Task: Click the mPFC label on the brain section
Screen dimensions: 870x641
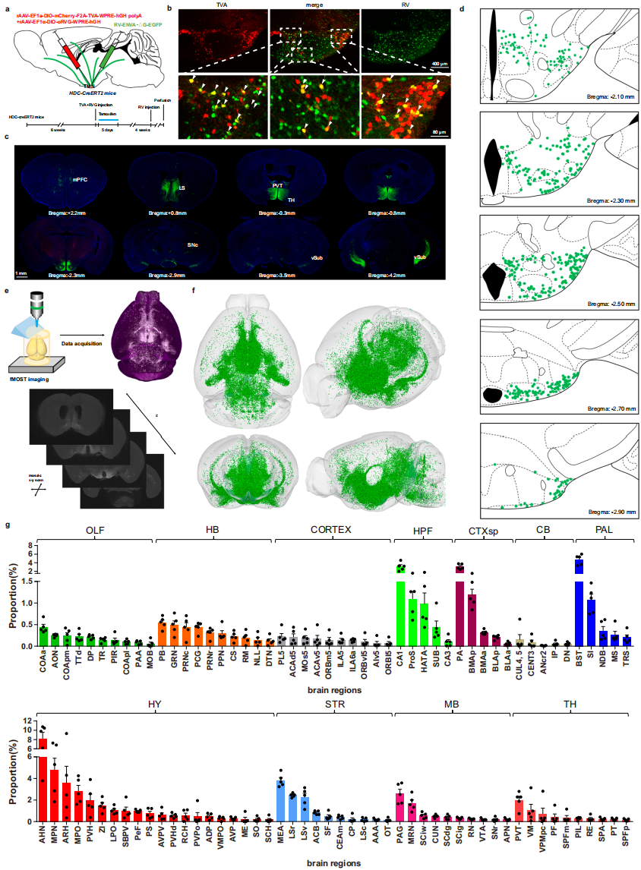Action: point(79,180)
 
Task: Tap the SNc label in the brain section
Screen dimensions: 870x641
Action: point(194,246)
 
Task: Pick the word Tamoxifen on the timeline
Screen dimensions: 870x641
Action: point(107,111)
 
